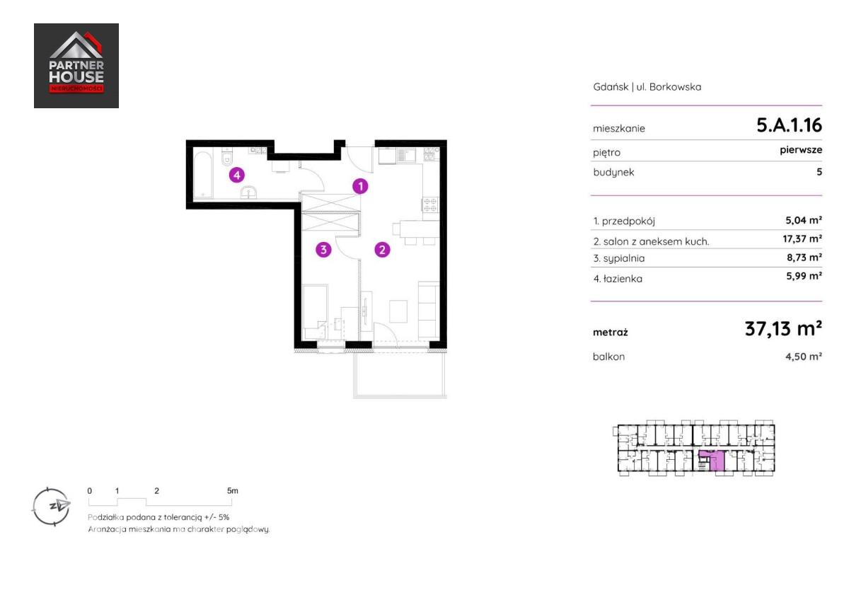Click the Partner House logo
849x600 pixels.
[76, 66]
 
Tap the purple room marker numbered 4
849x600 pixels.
[237, 175]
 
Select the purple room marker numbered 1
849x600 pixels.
[360, 186]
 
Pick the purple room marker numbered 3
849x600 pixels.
[323, 249]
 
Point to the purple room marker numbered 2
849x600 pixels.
[382, 249]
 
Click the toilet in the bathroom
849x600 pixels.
[226, 157]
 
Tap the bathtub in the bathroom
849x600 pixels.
[203, 174]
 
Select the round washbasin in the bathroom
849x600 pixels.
[248, 192]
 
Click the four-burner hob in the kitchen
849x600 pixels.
[430, 204]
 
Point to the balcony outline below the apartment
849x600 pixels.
[400, 397]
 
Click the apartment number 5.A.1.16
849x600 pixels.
[789, 125]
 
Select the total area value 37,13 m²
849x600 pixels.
[783, 328]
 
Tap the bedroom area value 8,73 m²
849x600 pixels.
[804, 258]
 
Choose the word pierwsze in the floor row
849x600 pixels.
[801, 150]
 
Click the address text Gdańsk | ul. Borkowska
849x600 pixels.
[647, 87]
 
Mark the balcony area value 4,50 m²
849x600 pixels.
[804, 357]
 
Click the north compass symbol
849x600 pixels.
[51, 507]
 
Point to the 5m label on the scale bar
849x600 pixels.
[232, 491]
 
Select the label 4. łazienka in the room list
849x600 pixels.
[618, 279]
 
